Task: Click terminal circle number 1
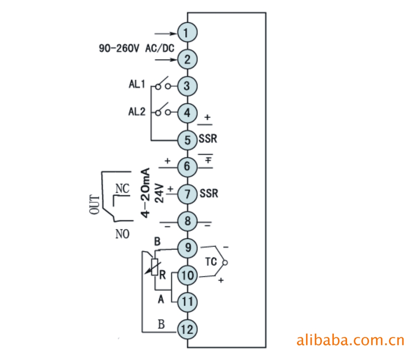[187, 32]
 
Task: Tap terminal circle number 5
[187, 140]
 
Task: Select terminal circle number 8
[187, 221]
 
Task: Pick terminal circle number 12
[187, 329]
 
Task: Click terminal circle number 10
[187, 275]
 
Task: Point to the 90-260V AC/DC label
[136, 48]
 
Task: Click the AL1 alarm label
[137, 85]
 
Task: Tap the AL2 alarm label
[137, 112]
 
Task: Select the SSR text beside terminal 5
[208, 139]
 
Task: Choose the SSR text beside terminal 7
[209, 193]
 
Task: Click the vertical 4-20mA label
[146, 192]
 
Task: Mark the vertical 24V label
[160, 193]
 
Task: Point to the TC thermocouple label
[211, 261]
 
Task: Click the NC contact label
[122, 188]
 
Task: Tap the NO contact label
[122, 234]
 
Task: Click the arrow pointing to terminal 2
[166, 60]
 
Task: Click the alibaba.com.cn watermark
[350, 340]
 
